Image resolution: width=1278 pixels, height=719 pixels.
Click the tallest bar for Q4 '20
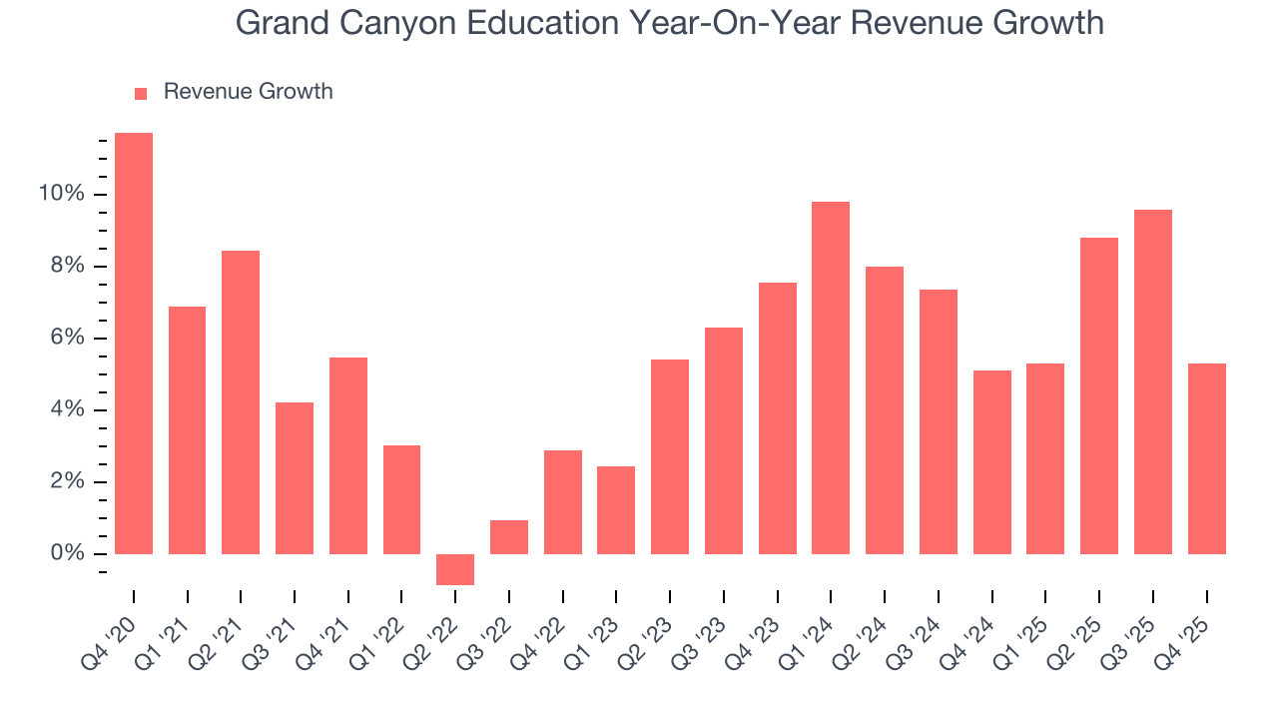134,344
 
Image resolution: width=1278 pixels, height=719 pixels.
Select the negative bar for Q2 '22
455,569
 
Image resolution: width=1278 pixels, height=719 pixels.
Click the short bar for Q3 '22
509,537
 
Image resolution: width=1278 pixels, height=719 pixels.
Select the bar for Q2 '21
241,402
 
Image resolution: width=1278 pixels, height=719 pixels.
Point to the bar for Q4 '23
777,418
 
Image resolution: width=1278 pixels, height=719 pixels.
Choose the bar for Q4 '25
1206,458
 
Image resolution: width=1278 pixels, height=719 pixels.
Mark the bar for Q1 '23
616,510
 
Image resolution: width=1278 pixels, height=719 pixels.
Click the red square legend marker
141,93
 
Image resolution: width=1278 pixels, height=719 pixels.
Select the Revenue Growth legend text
248,92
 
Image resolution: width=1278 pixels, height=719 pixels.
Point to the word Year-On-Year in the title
744,23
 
